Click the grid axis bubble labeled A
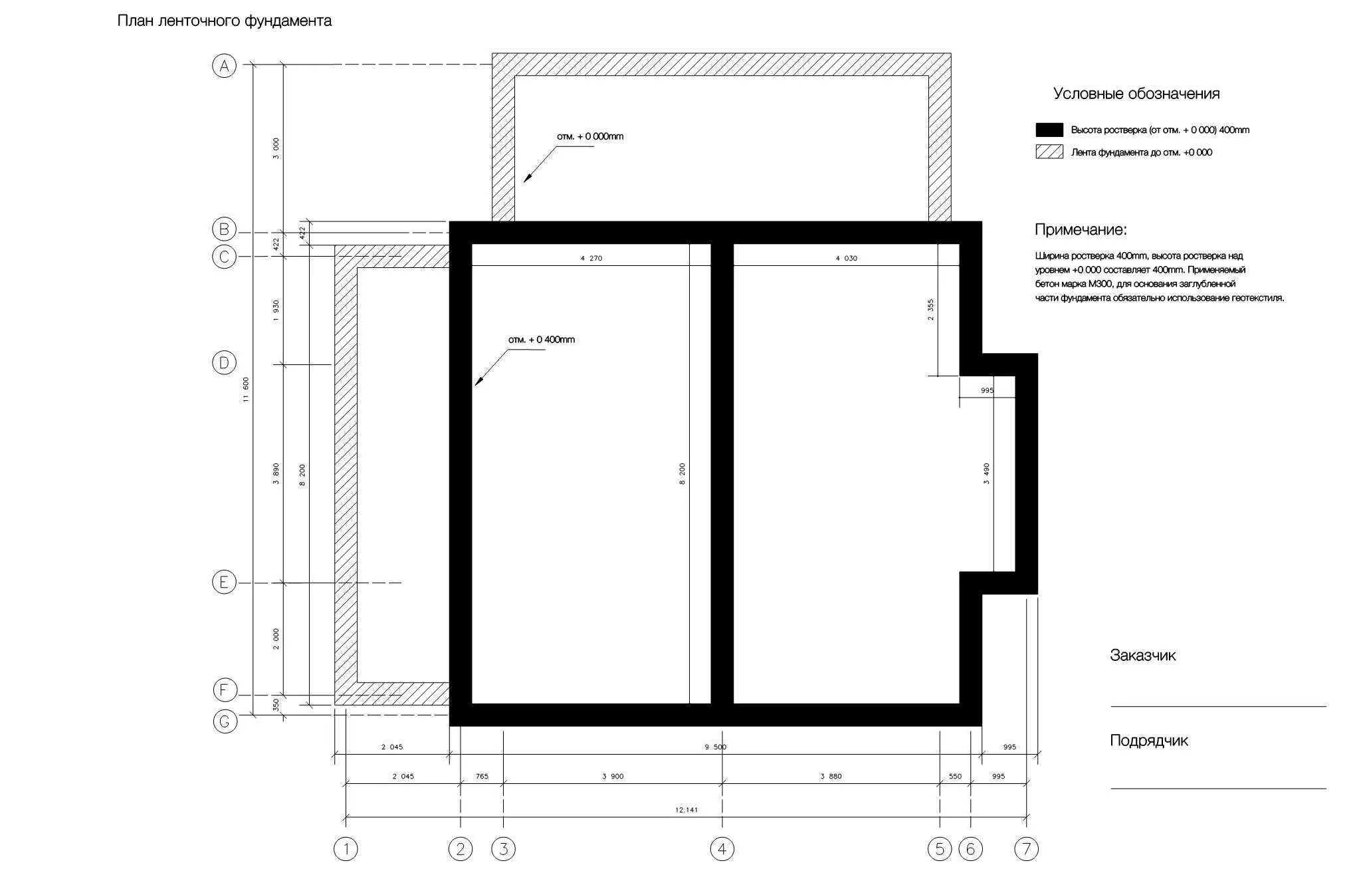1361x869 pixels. pos(224,66)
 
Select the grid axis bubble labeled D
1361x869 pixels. pos(224,363)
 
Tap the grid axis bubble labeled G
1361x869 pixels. pos(224,721)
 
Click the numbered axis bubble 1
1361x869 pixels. pos(346,849)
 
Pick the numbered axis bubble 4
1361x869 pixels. pos(722,849)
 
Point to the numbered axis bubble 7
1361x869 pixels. pos(1027,849)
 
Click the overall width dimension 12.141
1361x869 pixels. pos(686,810)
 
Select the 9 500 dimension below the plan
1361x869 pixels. pos(716,747)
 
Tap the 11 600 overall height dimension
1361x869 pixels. pos(246,390)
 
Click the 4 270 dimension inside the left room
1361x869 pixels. pos(591,258)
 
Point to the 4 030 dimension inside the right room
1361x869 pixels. pos(846,258)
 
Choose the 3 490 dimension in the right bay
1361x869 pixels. pos(986,473)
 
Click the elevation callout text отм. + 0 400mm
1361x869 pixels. pos(542,340)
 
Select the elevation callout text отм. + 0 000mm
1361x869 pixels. pos(590,136)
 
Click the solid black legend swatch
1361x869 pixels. pos(1049,130)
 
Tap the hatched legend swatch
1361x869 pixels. pos(1049,152)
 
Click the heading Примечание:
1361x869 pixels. pos(1081,230)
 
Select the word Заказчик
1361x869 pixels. pos(1142,656)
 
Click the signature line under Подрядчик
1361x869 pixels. pos(1218,789)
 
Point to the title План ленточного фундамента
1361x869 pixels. pos(225,21)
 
